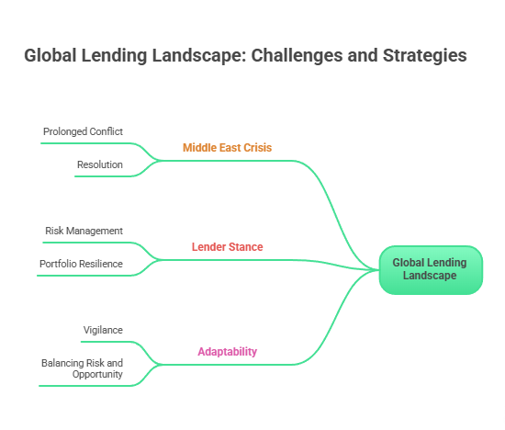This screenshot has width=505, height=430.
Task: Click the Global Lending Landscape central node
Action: [x=430, y=269]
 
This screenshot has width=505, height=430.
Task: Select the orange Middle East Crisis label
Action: [x=227, y=147]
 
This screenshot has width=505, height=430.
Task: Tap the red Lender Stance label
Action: [x=227, y=246]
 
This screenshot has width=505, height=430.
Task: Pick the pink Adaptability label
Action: [x=227, y=351]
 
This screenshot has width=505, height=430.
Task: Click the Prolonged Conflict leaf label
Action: [x=83, y=131]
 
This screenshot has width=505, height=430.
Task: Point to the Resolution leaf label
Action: [x=99, y=164]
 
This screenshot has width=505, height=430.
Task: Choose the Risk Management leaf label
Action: [x=84, y=231]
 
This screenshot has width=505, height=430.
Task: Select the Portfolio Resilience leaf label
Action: [x=81, y=264]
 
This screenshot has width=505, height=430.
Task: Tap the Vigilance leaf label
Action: [x=103, y=329]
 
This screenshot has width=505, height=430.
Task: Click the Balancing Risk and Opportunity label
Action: [x=82, y=368]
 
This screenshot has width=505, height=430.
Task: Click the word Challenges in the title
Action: [x=297, y=56]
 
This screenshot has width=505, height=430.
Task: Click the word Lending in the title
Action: [x=117, y=56]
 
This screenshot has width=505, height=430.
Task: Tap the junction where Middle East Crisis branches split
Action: [x=163, y=160]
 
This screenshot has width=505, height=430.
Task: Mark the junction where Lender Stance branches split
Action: [x=163, y=259]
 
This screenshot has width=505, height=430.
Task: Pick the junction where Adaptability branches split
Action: [x=163, y=364]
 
